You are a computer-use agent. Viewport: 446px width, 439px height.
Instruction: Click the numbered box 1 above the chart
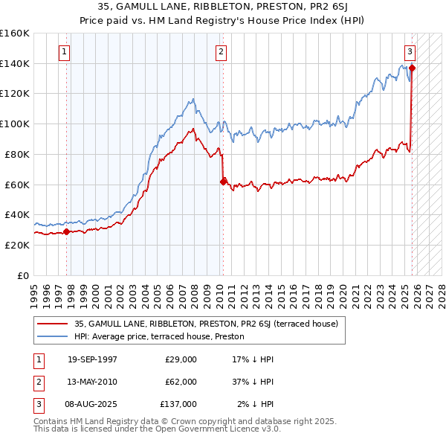click(x=65, y=52)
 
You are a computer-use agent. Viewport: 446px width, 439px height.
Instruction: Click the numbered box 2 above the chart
click(x=222, y=52)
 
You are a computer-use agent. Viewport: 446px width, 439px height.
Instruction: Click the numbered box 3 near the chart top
click(x=410, y=52)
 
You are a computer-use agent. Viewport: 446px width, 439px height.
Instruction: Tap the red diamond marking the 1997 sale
click(x=66, y=231)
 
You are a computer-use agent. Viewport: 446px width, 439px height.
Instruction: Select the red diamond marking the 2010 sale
click(x=223, y=181)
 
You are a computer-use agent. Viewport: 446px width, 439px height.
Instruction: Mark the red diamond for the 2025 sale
click(x=413, y=68)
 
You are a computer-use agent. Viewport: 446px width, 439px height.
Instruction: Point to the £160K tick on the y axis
click(x=14, y=33)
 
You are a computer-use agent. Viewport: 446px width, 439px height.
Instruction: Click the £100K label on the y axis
click(x=14, y=124)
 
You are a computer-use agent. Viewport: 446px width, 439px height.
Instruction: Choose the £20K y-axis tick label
click(x=17, y=245)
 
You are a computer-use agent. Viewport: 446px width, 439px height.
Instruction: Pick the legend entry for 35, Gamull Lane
click(x=206, y=323)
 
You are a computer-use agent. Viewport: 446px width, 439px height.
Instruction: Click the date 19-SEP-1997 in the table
click(x=92, y=359)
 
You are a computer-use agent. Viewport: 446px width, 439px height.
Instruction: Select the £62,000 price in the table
click(x=181, y=382)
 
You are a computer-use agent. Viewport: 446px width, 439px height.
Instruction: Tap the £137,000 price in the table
click(x=178, y=404)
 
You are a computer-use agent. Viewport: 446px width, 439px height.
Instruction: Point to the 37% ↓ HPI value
click(x=253, y=382)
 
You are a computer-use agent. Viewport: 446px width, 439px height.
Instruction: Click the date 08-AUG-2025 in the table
click(x=92, y=404)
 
